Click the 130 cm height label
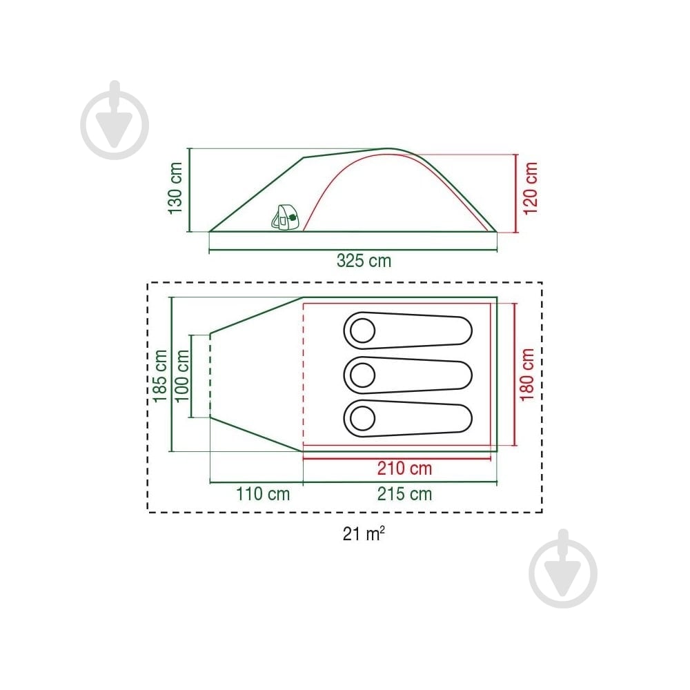175,188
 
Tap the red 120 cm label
530,188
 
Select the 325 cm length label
364,261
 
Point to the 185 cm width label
160,376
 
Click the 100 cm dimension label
181,376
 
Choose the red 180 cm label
526,375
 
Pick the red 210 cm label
404,469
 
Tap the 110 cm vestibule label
263,494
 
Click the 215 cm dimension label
404,494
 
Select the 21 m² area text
364,534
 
